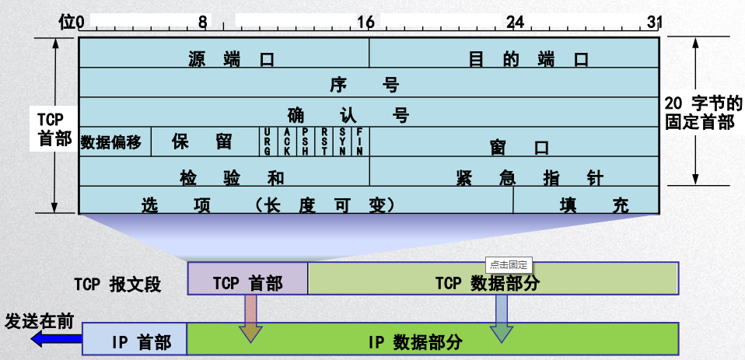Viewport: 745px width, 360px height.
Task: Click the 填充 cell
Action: [587, 204]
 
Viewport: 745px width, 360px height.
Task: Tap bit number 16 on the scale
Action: [366, 23]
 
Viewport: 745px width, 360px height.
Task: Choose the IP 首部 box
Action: [135, 340]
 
